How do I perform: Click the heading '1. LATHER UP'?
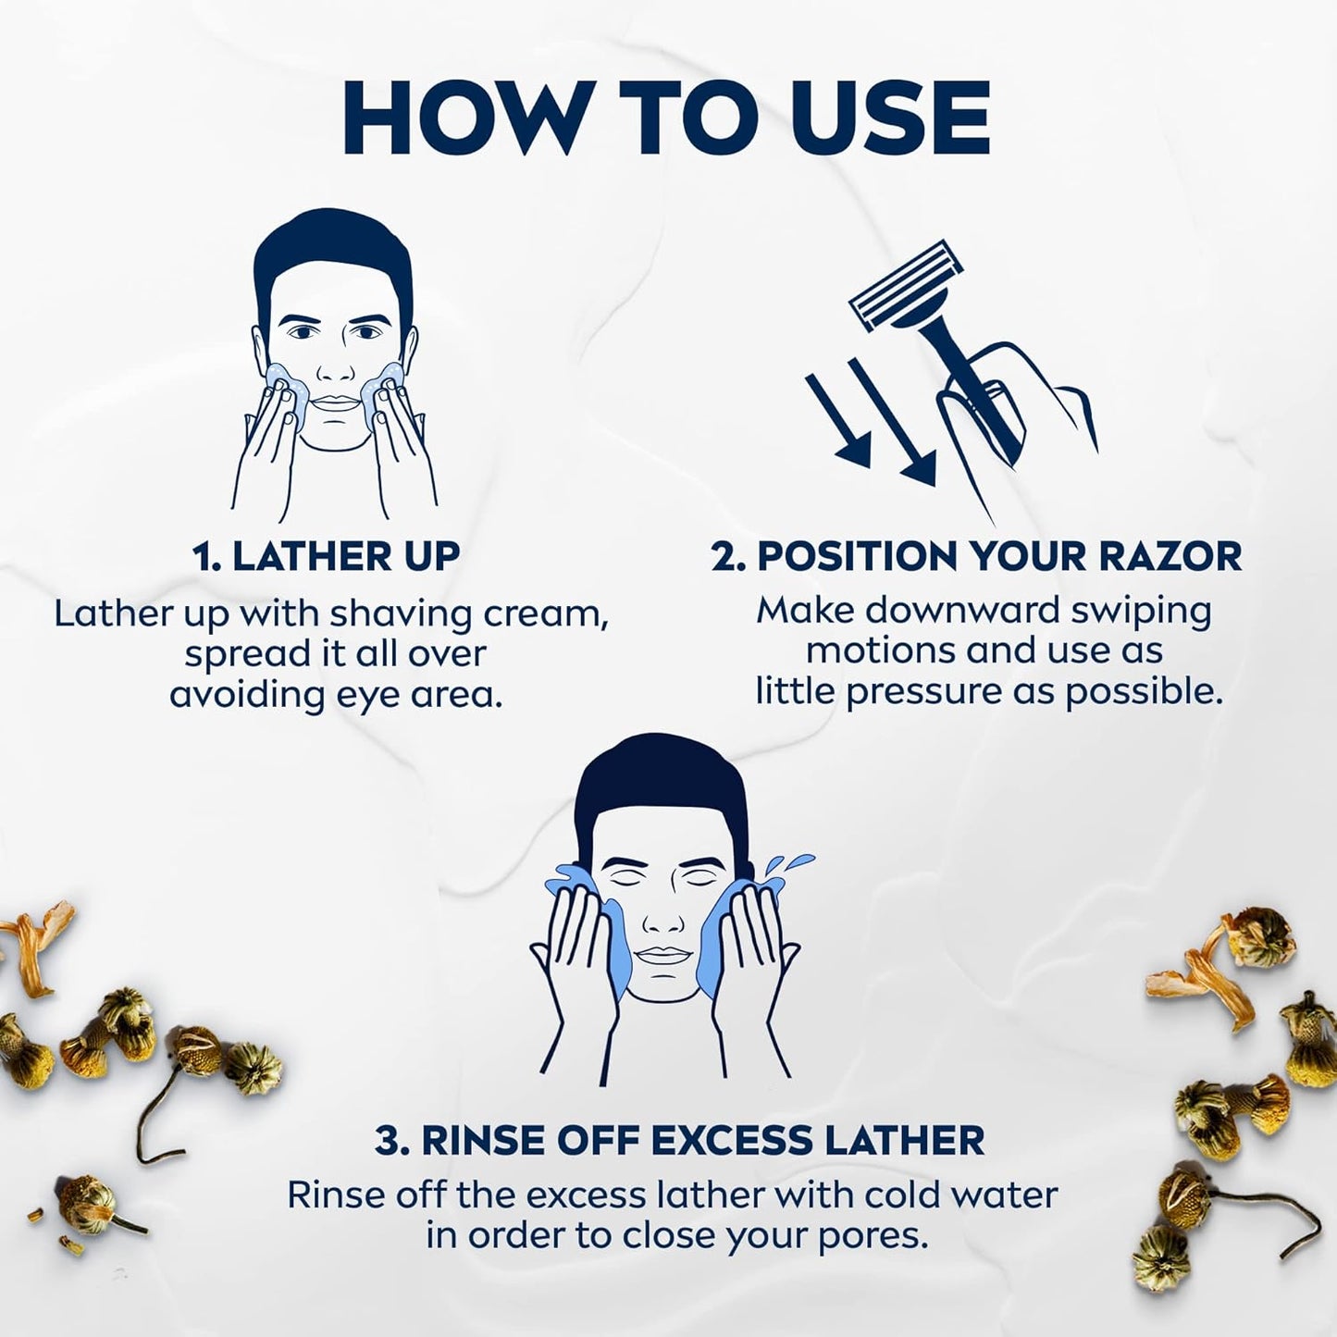tap(327, 556)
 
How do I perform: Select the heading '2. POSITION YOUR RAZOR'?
tap(976, 556)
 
